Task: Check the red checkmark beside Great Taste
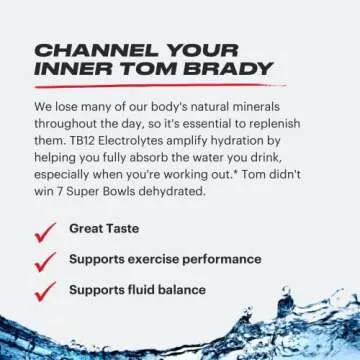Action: (x=44, y=232)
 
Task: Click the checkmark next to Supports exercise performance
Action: (x=44, y=261)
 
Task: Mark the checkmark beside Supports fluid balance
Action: (x=44, y=291)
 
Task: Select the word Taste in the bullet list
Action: (x=129, y=229)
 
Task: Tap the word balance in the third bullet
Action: (x=182, y=290)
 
